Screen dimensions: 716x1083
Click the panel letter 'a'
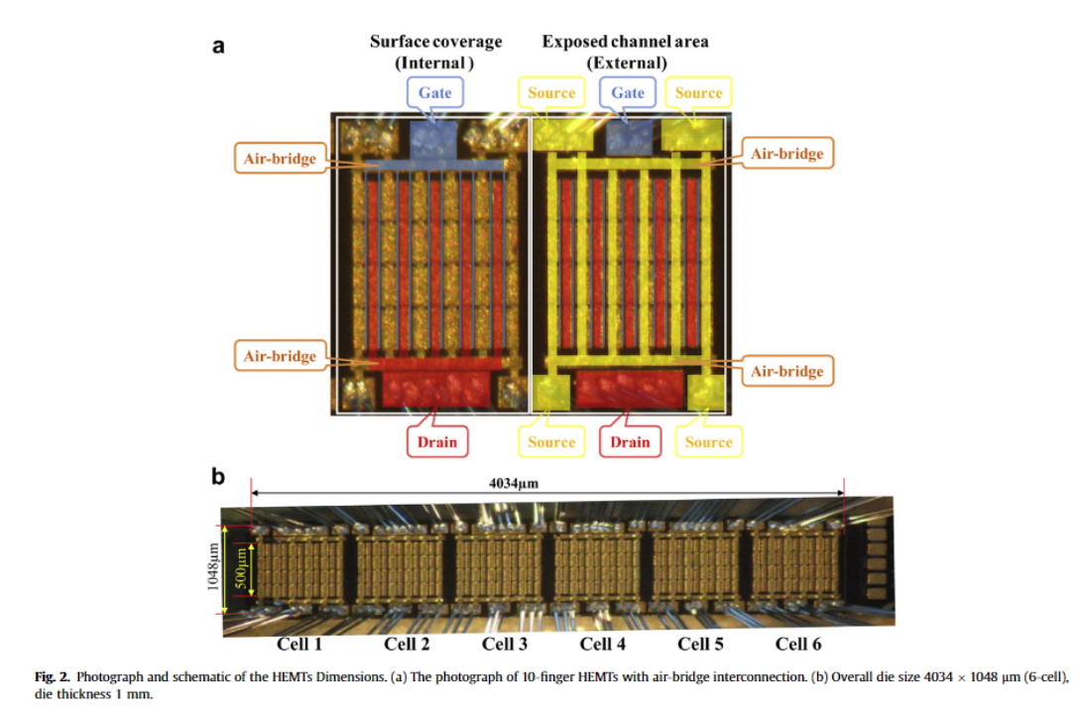219,46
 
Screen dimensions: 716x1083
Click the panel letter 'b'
218,476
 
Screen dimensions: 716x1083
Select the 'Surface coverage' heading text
435,42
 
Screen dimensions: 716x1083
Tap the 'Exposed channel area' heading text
625,42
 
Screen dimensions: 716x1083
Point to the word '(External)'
626,62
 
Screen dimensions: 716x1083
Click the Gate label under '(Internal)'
434,93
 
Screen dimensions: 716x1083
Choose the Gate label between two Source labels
628,93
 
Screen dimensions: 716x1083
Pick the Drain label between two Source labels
630,442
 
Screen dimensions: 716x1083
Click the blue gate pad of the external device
628,136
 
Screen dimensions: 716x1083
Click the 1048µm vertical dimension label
213,565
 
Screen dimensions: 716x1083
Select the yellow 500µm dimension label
239,565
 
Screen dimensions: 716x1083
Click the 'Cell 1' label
300,645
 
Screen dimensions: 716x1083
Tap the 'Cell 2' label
407,645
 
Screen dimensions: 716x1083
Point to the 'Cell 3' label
505,645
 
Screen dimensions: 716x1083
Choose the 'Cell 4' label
603,645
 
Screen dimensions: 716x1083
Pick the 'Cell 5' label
700,645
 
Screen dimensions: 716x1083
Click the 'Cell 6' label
798,645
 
